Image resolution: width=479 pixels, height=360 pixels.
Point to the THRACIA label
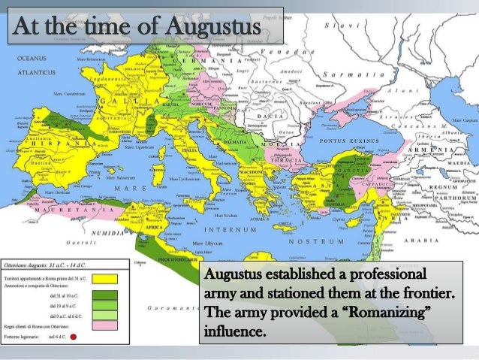[x=288, y=160]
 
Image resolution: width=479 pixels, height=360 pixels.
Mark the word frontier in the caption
[x=427, y=292]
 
